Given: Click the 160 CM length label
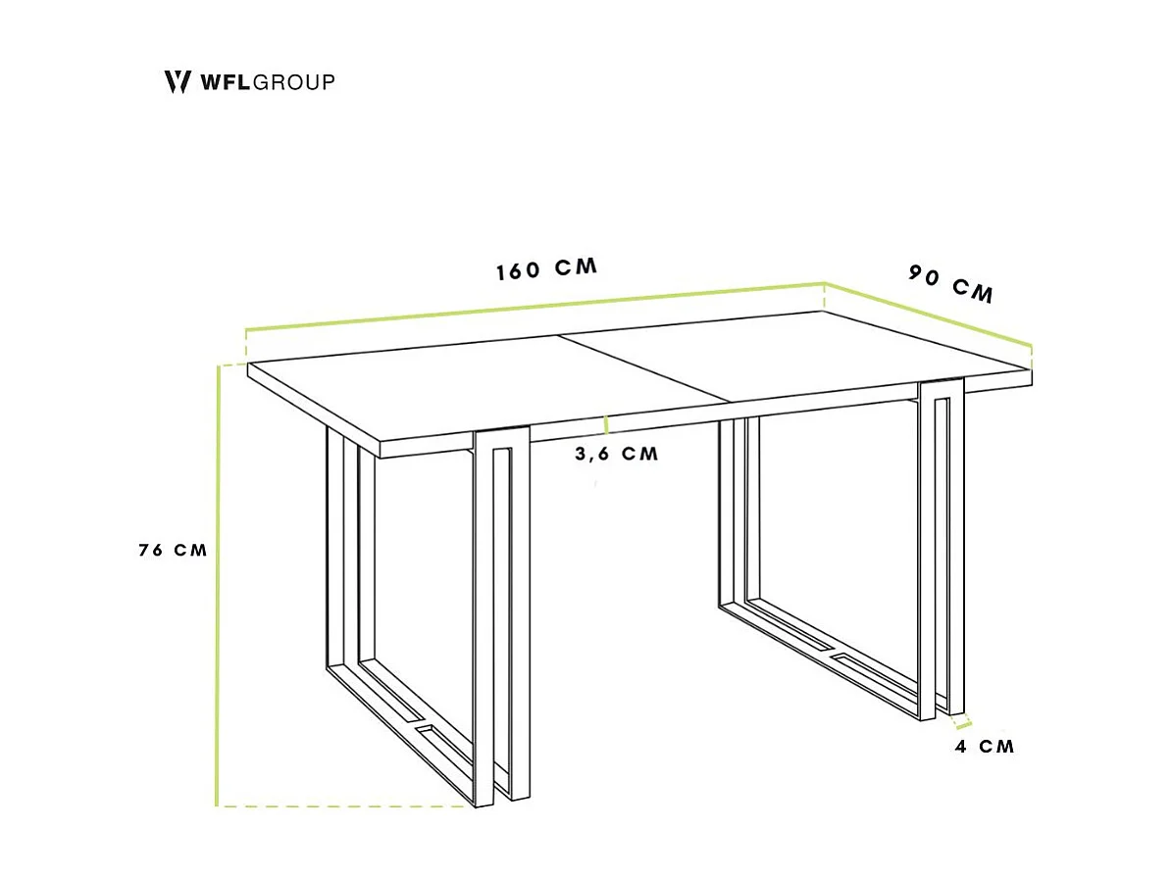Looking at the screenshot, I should [546, 268].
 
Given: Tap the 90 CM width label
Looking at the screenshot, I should [950, 283].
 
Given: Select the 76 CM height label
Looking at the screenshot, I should [174, 550].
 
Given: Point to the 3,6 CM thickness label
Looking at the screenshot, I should [617, 454].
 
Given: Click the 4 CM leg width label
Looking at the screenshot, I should [985, 747].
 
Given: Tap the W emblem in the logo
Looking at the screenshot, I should [178, 81].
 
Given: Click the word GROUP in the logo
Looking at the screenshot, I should [294, 82].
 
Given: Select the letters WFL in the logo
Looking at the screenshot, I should [226, 82].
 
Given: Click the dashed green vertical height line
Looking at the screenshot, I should [217, 588].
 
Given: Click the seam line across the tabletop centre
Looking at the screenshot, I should [647, 368].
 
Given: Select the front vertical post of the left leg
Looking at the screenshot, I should [482, 627].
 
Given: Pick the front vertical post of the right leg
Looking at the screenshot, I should [927, 549].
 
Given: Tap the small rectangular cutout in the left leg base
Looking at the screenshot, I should [430, 731].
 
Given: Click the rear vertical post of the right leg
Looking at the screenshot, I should [725, 510].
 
